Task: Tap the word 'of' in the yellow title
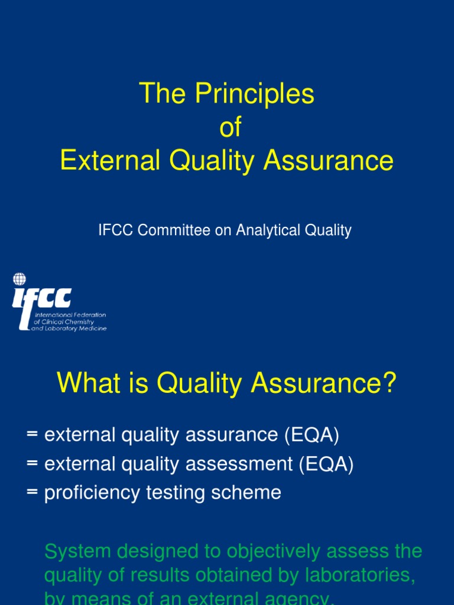(231, 128)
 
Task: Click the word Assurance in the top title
(328, 161)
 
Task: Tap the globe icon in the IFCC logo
(20, 279)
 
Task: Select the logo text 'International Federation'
(70, 315)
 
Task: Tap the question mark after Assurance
(389, 385)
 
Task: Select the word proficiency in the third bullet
(92, 493)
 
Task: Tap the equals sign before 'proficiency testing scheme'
(32, 493)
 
